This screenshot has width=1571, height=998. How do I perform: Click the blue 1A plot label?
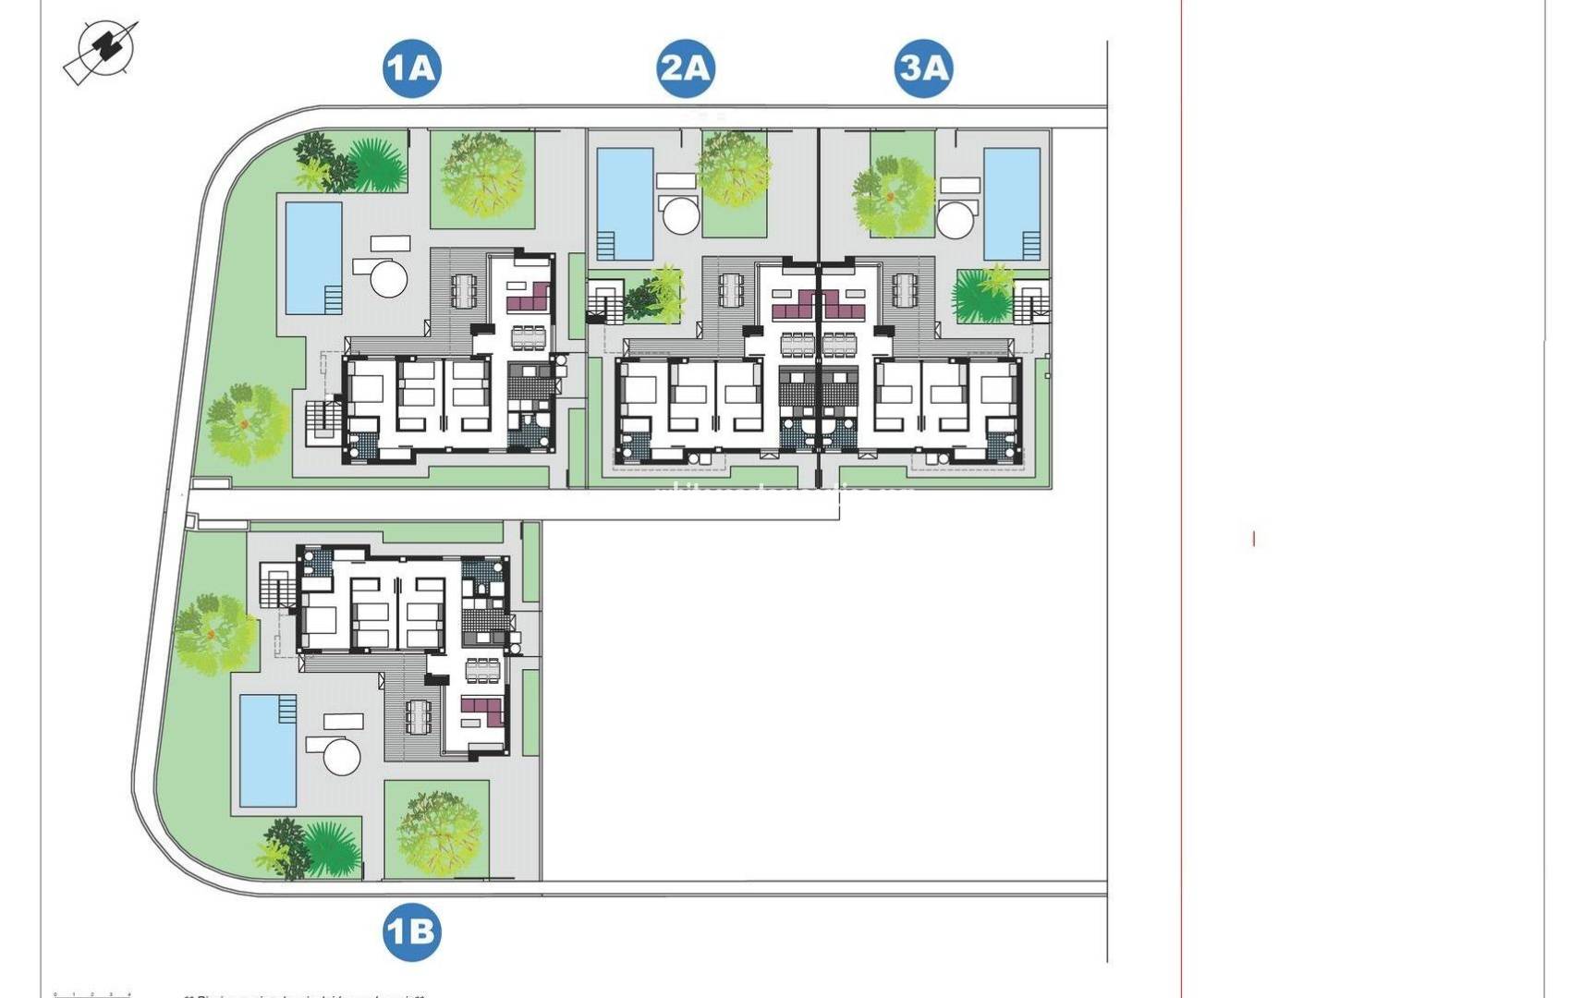click(411, 68)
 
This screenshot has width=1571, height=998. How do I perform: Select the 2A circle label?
click(686, 68)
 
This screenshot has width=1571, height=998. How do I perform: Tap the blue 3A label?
click(923, 68)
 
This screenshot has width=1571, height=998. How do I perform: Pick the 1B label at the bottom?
click(411, 931)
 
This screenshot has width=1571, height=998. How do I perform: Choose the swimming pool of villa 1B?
click(268, 750)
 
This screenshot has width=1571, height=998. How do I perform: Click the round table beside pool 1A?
click(388, 277)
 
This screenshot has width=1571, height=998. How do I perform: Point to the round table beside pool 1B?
click(341, 757)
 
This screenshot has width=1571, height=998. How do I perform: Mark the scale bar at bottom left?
click(92, 994)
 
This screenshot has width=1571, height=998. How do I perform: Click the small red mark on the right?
click(1253, 538)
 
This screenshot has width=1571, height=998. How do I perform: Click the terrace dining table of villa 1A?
click(462, 291)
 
